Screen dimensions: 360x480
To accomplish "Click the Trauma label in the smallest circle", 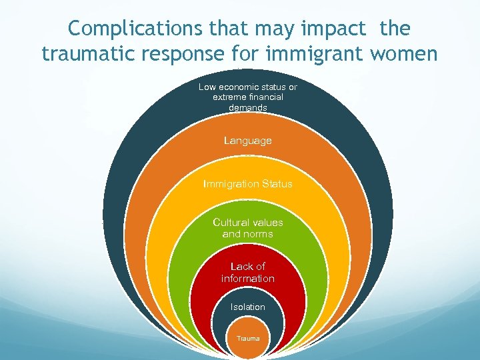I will tap(248, 339).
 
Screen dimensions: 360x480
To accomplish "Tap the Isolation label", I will tap(248, 307).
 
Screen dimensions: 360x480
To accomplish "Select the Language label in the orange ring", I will tap(248, 141).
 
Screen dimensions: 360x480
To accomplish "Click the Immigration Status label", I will tap(248, 184).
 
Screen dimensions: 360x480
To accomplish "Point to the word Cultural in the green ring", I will tap(231, 223).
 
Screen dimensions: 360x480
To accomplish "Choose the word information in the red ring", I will tap(248, 278).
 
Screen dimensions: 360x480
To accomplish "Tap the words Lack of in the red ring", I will tap(248, 267).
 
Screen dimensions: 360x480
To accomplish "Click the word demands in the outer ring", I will tap(248, 107).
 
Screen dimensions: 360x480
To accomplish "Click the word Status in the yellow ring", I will tap(277, 184).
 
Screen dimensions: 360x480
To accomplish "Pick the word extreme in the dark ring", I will tap(227, 97).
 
